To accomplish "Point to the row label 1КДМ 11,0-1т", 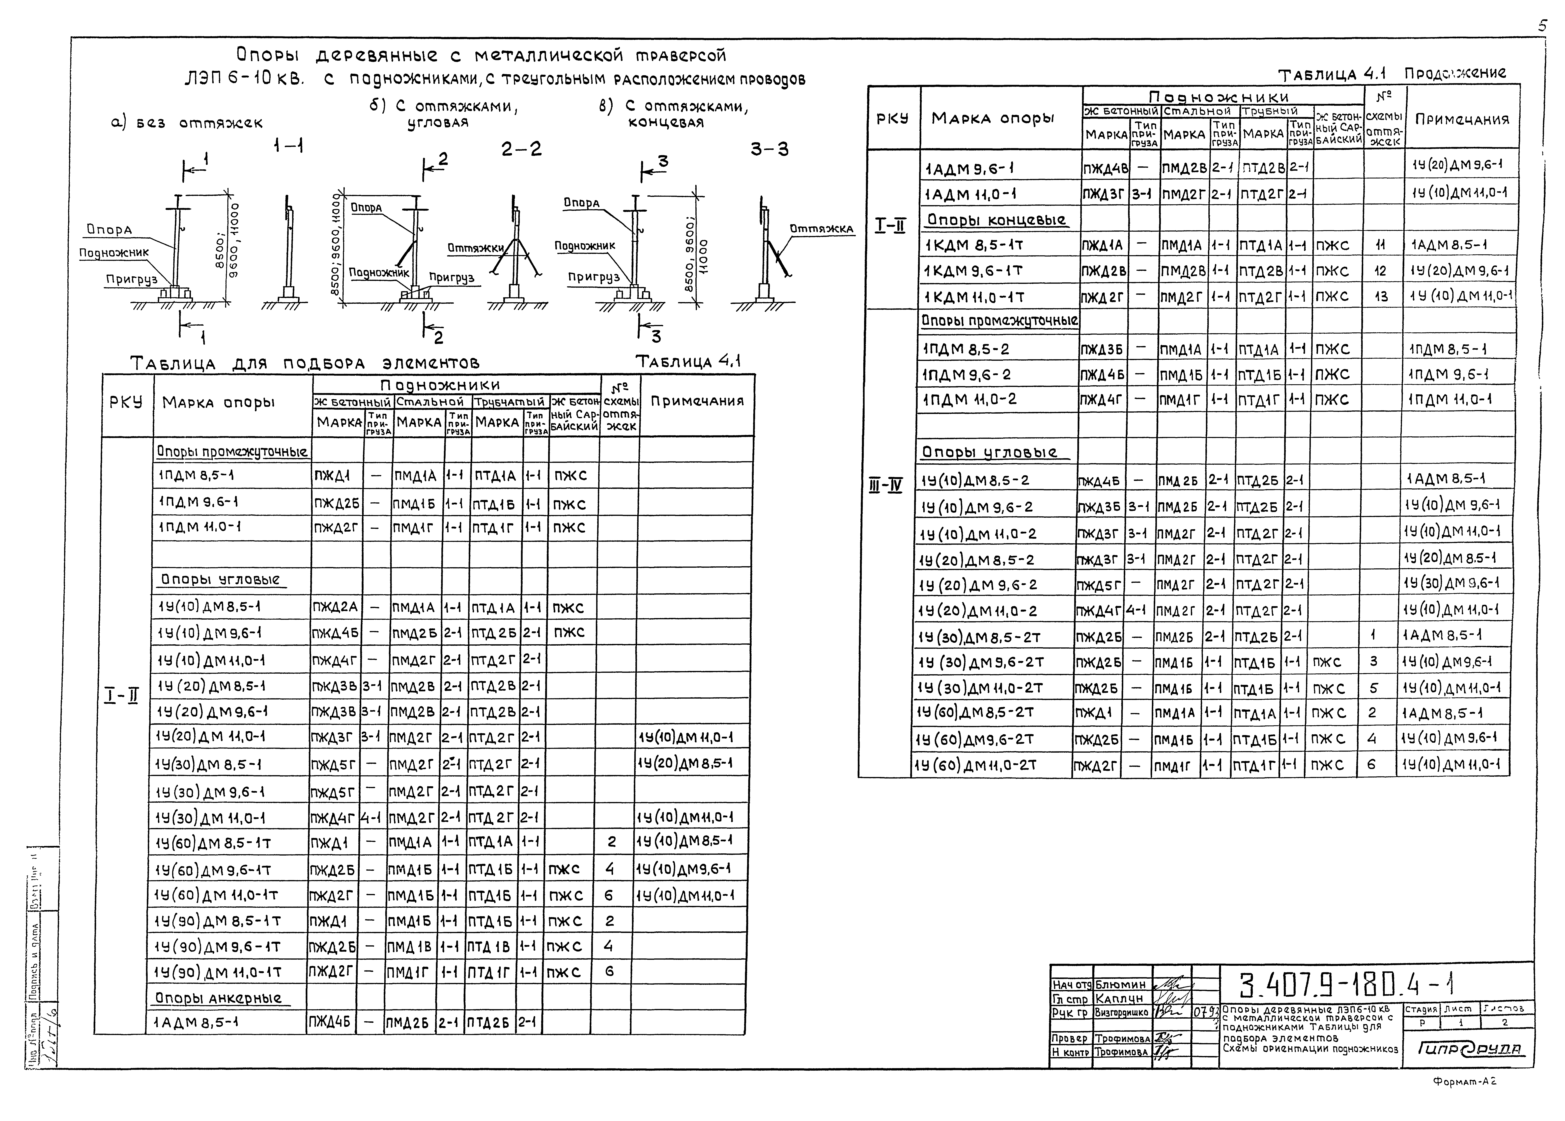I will (974, 297).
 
